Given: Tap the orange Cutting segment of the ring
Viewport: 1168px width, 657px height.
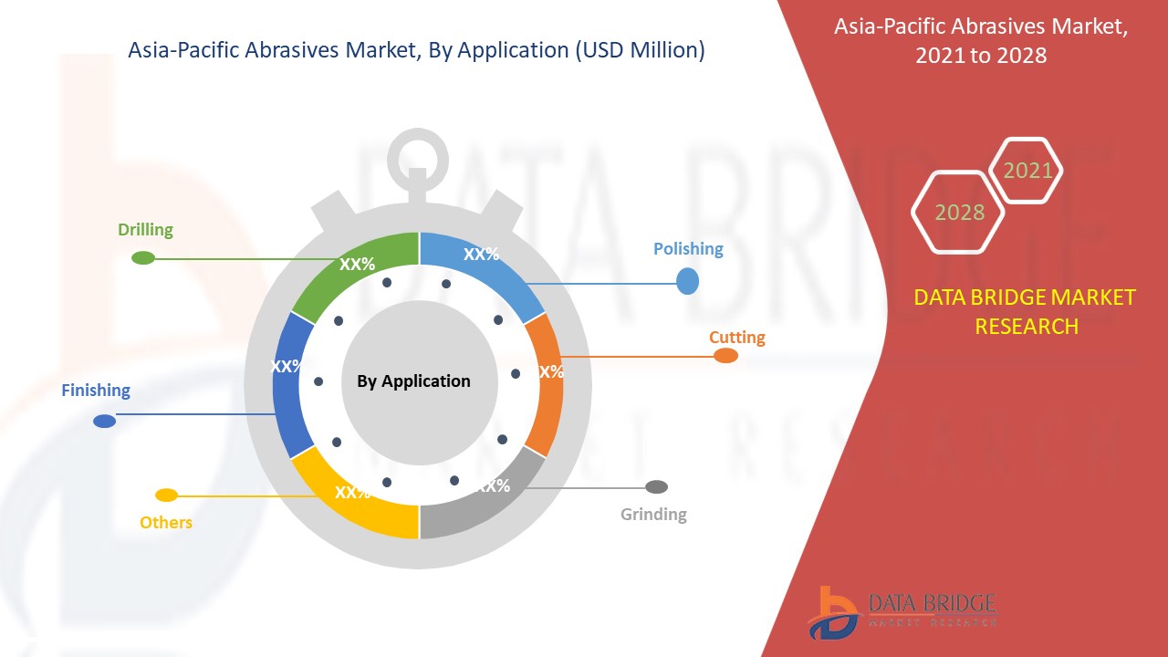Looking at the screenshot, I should point(546,383).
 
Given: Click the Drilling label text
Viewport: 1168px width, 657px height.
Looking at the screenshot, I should point(145,230).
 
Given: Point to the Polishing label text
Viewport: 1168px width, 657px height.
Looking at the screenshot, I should point(688,249).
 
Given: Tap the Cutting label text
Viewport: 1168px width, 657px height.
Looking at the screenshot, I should point(737,338).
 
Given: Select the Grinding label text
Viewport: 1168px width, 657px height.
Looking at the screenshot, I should point(653,515).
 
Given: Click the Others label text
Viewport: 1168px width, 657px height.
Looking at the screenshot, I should point(166,523).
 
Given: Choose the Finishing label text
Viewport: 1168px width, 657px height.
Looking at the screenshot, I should point(96,391).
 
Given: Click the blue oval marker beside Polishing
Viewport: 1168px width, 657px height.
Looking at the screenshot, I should point(687,282).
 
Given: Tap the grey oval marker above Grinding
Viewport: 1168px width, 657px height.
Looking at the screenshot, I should point(656,487).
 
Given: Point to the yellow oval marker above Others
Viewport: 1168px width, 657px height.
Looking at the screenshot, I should point(166,495).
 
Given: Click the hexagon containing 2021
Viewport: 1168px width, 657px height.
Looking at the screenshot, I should point(1027,171).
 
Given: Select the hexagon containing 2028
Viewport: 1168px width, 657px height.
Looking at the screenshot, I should point(959,212).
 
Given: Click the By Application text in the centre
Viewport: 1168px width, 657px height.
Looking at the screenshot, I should point(413,381).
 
